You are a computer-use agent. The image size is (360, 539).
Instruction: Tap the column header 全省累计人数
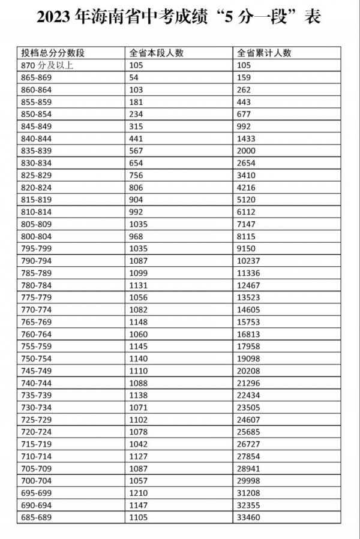[264, 53]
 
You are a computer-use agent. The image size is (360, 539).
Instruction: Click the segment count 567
[136, 150]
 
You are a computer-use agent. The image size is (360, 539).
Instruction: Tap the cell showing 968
[136, 236]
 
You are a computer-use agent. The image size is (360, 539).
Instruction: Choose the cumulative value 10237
[248, 261]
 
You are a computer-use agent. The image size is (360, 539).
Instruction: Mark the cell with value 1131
[139, 285]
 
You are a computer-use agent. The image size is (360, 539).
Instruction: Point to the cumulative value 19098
[248, 359]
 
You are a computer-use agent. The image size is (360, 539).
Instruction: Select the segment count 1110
[139, 371]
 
